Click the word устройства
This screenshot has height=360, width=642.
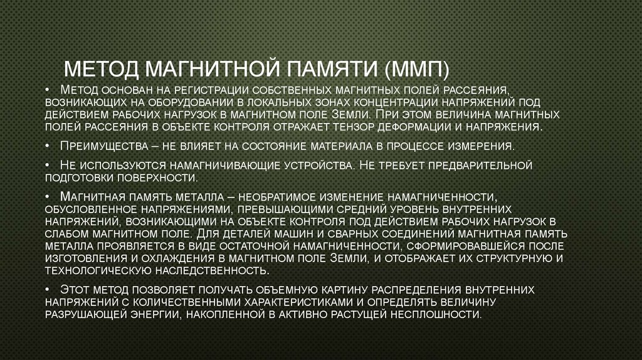click(x=317, y=166)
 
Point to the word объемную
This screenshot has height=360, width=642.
click(x=279, y=290)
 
